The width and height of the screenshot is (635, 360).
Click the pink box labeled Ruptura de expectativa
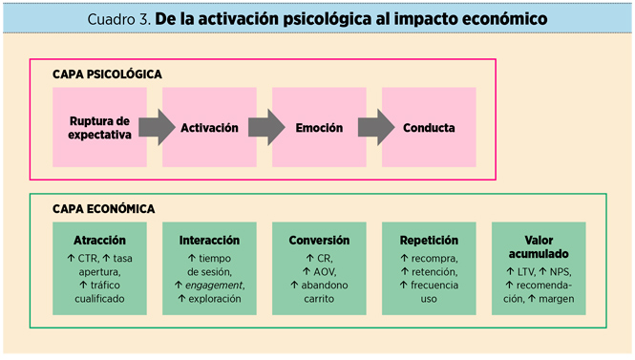pos(99,127)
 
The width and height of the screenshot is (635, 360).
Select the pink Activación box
pos(209,127)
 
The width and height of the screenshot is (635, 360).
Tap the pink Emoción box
pos(319,127)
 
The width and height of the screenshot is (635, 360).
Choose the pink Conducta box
pos(429,127)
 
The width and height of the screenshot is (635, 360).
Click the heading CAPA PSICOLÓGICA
pos(108,74)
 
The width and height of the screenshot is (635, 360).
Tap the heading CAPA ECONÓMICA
pos(105,208)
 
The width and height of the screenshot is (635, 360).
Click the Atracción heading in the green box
pos(99,240)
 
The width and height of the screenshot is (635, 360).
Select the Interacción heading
pos(209,240)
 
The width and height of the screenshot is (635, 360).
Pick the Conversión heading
pos(319,240)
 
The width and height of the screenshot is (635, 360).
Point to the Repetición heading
pos(429,240)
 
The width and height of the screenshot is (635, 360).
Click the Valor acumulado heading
pos(539,247)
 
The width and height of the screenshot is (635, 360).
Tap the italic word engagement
pos(215,285)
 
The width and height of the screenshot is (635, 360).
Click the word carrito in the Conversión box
pos(320,298)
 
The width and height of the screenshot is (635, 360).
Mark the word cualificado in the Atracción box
pos(99,298)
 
